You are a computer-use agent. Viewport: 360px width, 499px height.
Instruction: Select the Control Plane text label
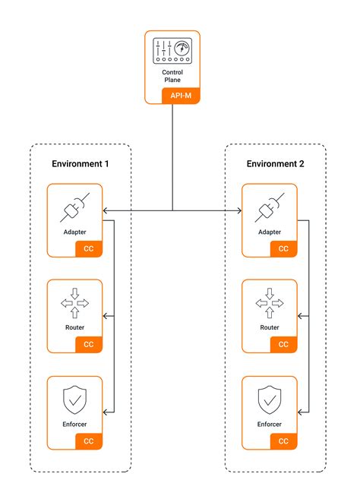[x=172, y=76]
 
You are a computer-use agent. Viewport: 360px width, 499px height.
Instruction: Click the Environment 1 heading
[x=80, y=163]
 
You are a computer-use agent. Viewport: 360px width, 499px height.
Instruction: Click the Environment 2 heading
[x=275, y=163]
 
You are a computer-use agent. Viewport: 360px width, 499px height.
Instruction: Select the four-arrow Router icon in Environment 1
[x=74, y=303]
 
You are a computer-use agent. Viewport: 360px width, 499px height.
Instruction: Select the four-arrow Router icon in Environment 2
[x=270, y=303]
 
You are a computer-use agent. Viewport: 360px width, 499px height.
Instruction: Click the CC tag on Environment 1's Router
[x=89, y=345]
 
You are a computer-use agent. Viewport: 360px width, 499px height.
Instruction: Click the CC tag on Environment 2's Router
[x=283, y=345]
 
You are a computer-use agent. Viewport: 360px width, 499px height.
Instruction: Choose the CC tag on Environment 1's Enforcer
[x=89, y=441]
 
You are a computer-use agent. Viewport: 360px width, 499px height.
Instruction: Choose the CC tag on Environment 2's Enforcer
[x=283, y=441]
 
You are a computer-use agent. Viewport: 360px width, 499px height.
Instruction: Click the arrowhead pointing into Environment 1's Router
[x=106, y=316]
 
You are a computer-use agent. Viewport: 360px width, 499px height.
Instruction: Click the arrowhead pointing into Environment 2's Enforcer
[x=300, y=412]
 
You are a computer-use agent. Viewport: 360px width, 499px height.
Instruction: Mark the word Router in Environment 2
[x=270, y=328]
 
